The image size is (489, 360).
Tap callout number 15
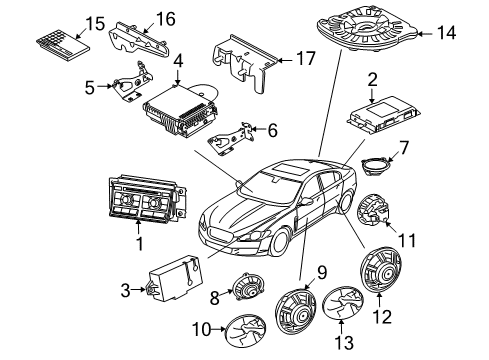tap(67, 22)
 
